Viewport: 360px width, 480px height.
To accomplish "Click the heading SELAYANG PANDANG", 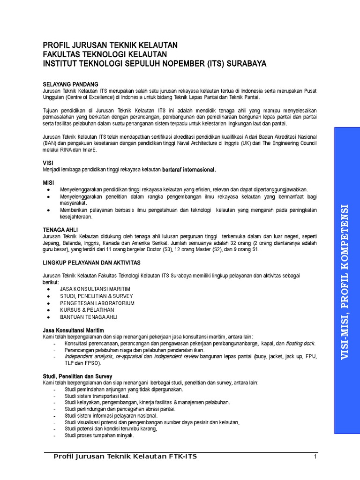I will pos(70,84).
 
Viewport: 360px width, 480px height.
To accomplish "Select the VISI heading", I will pos(48,163).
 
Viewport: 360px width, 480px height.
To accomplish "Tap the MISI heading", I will pos(49,181).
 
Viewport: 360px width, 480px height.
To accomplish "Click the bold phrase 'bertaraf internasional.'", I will pos(189,169).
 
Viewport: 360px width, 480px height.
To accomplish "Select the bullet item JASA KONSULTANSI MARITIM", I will pos(95,289).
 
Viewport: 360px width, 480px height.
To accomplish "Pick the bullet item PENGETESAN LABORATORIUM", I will pos(97,303).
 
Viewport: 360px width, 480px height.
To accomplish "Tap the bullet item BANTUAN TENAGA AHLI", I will pos(89,317).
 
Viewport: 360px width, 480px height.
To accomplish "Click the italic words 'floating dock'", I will pos(300,343).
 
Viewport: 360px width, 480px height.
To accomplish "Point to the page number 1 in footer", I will pos(316,457).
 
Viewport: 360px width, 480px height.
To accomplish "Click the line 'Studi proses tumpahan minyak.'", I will pos(99,435).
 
